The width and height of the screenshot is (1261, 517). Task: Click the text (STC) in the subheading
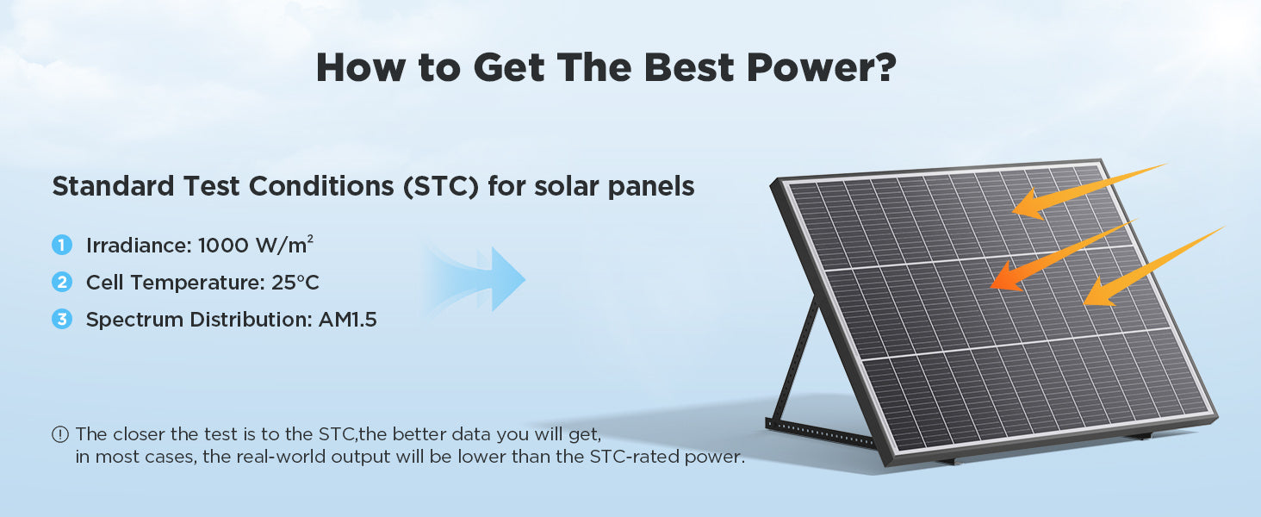[x=441, y=186]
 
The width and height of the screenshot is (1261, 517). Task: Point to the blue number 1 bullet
[x=62, y=245]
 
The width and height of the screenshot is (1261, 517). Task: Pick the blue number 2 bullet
[x=62, y=282]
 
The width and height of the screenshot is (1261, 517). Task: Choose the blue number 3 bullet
[x=62, y=320]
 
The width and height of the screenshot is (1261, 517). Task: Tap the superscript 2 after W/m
[x=310, y=239]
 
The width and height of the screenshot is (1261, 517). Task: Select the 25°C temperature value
[x=295, y=283]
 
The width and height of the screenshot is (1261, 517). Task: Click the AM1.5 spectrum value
[x=347, y=320]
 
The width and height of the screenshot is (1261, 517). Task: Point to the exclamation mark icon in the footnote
[x=60, y=434]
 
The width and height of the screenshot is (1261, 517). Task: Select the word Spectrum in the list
[x=134, y=321]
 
